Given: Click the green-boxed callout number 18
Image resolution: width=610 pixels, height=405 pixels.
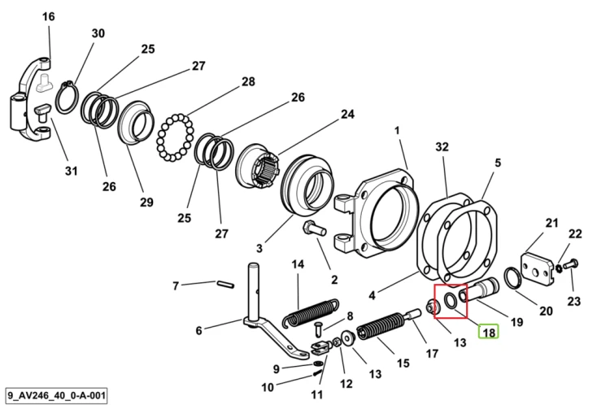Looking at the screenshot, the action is (x=489, y=333).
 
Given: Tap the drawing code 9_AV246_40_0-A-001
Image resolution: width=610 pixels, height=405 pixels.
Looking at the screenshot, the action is (x=56, y=396).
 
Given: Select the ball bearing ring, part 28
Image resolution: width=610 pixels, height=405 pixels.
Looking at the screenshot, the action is (x=175, y=137).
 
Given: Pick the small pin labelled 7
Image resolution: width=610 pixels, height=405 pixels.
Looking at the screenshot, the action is (x=224, y=284).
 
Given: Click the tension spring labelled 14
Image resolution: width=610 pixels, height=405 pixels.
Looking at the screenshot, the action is (x=310, y=311).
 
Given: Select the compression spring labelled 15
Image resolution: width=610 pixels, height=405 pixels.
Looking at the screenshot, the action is (x=379, y=325).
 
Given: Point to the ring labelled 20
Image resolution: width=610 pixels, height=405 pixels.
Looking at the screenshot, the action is (x=512, y=279).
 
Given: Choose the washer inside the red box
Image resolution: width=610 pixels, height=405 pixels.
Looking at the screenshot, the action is (x=451, y=301).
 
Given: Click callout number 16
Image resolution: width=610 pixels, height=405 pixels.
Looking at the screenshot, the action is (x=49, y=17).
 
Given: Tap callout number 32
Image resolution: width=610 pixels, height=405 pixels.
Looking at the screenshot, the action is (x=442, y=146).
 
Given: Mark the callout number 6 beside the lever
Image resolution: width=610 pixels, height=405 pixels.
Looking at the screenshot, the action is (x=198, y=330).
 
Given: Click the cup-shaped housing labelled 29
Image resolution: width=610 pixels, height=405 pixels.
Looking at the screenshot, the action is (x=136, y=124).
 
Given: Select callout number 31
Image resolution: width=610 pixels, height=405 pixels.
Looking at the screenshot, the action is (x=72, y=171).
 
